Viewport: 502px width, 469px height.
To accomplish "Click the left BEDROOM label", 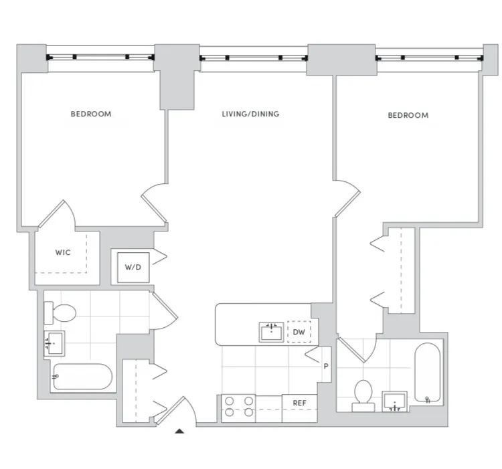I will click(91, 114).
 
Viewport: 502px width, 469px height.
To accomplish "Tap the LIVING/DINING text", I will click(250, 114).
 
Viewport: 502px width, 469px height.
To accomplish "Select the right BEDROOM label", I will click(408, 116).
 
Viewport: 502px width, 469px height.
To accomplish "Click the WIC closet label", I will click(63, 253).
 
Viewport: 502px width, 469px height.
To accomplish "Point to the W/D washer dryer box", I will click(133, 267).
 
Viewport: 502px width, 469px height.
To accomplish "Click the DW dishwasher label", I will click(299, 331).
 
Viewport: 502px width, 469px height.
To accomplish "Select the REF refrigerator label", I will click(299, 403).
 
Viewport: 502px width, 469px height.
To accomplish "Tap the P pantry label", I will click(326, 367).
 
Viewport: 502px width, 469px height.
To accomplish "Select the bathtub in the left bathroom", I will click(82, 377).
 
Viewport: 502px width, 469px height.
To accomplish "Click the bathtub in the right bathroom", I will click(427, 373).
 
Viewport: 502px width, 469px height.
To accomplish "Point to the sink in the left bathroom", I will click(55, 342).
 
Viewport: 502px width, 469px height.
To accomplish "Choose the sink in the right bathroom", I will click(396, 401).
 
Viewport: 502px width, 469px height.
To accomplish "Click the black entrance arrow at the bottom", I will click(179, 432).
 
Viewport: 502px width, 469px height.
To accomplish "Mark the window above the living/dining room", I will click(253, 58).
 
